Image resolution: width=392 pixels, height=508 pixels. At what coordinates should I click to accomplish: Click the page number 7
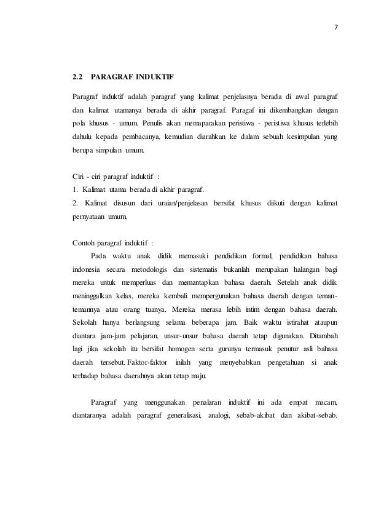tap(336, 27)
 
